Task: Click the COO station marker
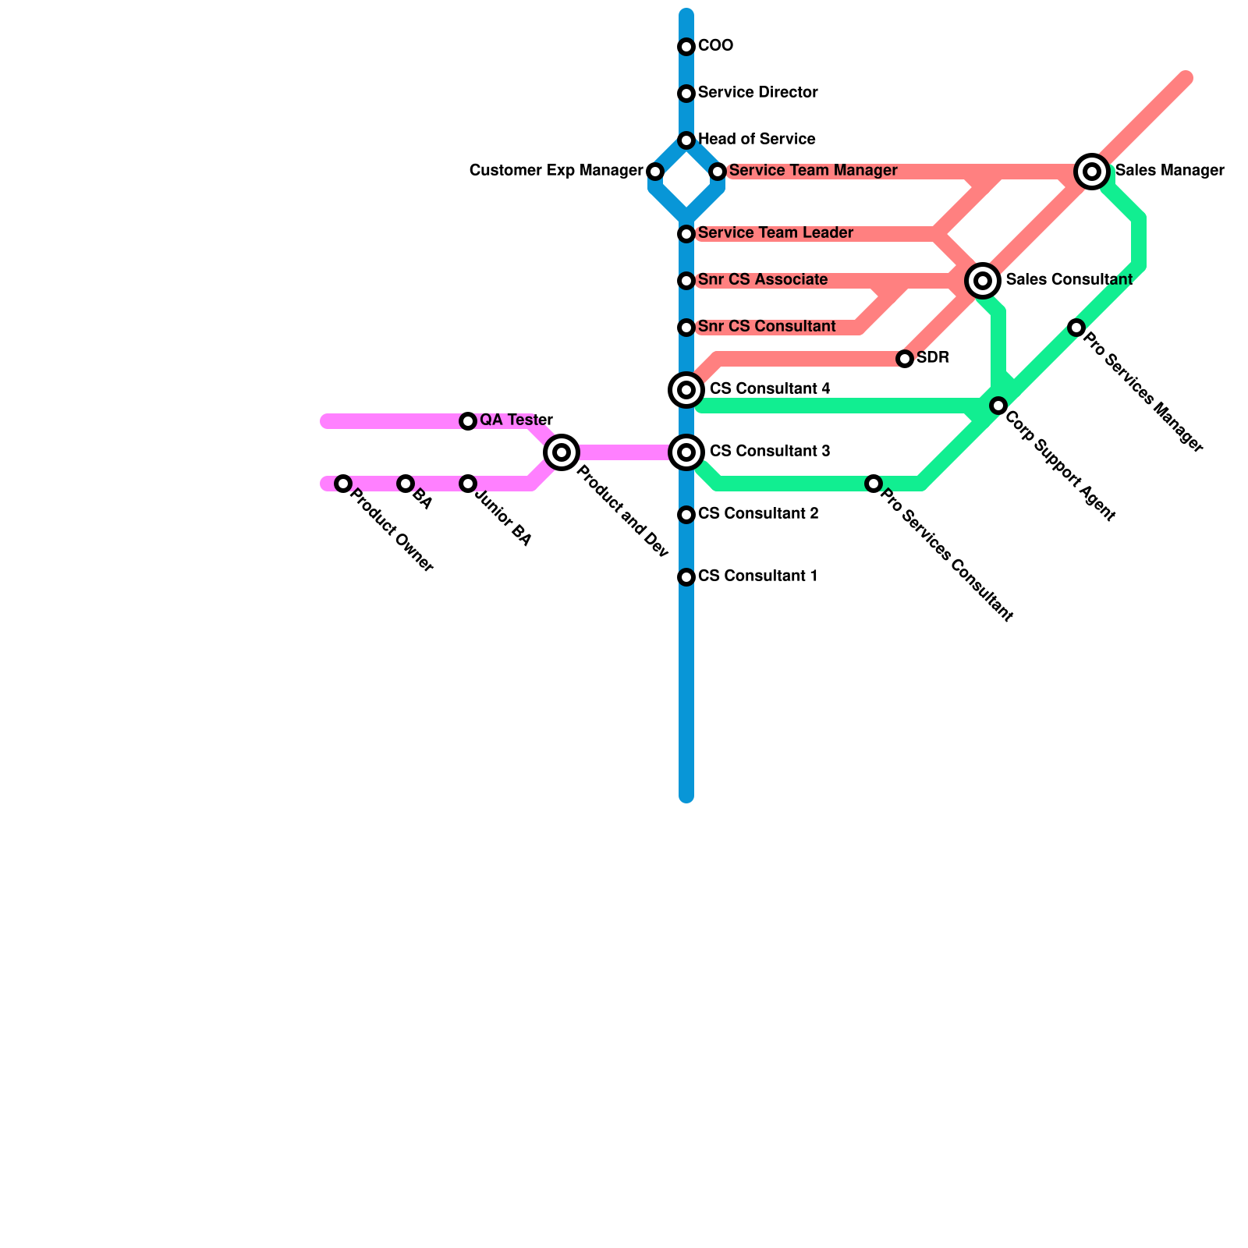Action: pos(686,47)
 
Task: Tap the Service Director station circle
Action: pos(686,94)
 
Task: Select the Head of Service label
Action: pos(757,140)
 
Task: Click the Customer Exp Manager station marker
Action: pos(655,172)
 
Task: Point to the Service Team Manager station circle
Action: pos(718,172)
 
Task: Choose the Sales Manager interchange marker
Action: pos(1092,172)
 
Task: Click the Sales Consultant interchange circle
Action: pos(983,280)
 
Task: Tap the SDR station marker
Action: pos(905,359)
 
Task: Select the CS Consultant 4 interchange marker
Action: pos(686,390)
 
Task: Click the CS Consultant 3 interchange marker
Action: pos(686,452)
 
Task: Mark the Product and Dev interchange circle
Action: pos(562,452)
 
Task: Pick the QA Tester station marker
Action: pos(468,421)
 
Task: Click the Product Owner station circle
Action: pos(343,484)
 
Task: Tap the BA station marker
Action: pos(406,484)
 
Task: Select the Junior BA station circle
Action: pos(468,484)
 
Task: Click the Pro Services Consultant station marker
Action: pos(874,484)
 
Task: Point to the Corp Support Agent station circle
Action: pos(998,406)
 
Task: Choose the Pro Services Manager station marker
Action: pos(1076,328)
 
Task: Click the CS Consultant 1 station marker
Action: pos(686,577)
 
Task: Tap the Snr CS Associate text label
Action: pos(763,280)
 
